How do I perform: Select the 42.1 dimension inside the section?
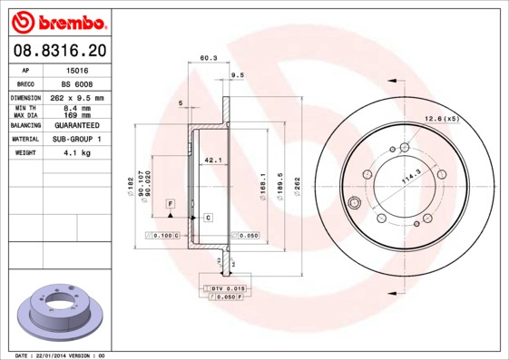tap(212, 161)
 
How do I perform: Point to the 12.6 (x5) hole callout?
tap(443, 118)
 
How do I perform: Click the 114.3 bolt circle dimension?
tap(413, 179)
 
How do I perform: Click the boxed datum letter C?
tap(208, 218)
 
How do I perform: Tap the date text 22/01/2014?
tap(57, 355)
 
